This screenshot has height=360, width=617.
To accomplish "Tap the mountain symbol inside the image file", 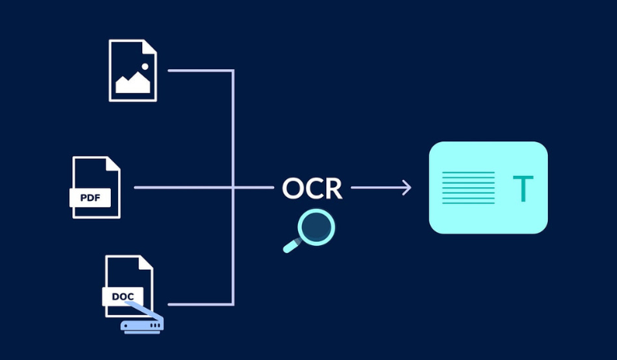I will click(x=133, y=84).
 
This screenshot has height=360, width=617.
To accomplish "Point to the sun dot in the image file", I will click(x=145, y=66).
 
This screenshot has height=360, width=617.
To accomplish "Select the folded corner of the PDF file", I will click(x=112, y=164).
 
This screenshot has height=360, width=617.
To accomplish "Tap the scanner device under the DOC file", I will click(x=141, y=322).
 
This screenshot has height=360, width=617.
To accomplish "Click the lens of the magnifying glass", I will click(x=316, y=227).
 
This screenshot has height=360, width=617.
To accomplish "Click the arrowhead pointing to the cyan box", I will click(x=407, y=188).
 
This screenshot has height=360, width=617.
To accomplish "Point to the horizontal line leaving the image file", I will click(x=200, y=71).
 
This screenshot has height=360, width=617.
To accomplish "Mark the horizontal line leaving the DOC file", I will click(x=200, y=305).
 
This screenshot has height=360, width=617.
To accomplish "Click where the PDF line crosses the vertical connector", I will click(x=233, y=188).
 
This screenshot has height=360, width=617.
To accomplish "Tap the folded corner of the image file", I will click(x=149, y=47).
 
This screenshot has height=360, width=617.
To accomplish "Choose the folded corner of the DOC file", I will click(x=145, y=262).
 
